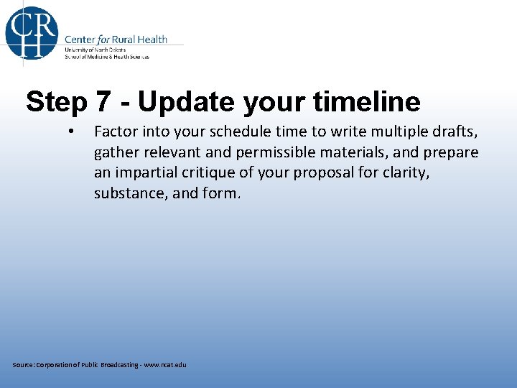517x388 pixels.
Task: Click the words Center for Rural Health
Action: pos(116,40)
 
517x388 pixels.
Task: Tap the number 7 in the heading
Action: pos(104,102)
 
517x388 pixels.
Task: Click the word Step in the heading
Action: pos(57,102)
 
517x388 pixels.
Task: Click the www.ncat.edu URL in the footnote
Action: pos(164,365)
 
